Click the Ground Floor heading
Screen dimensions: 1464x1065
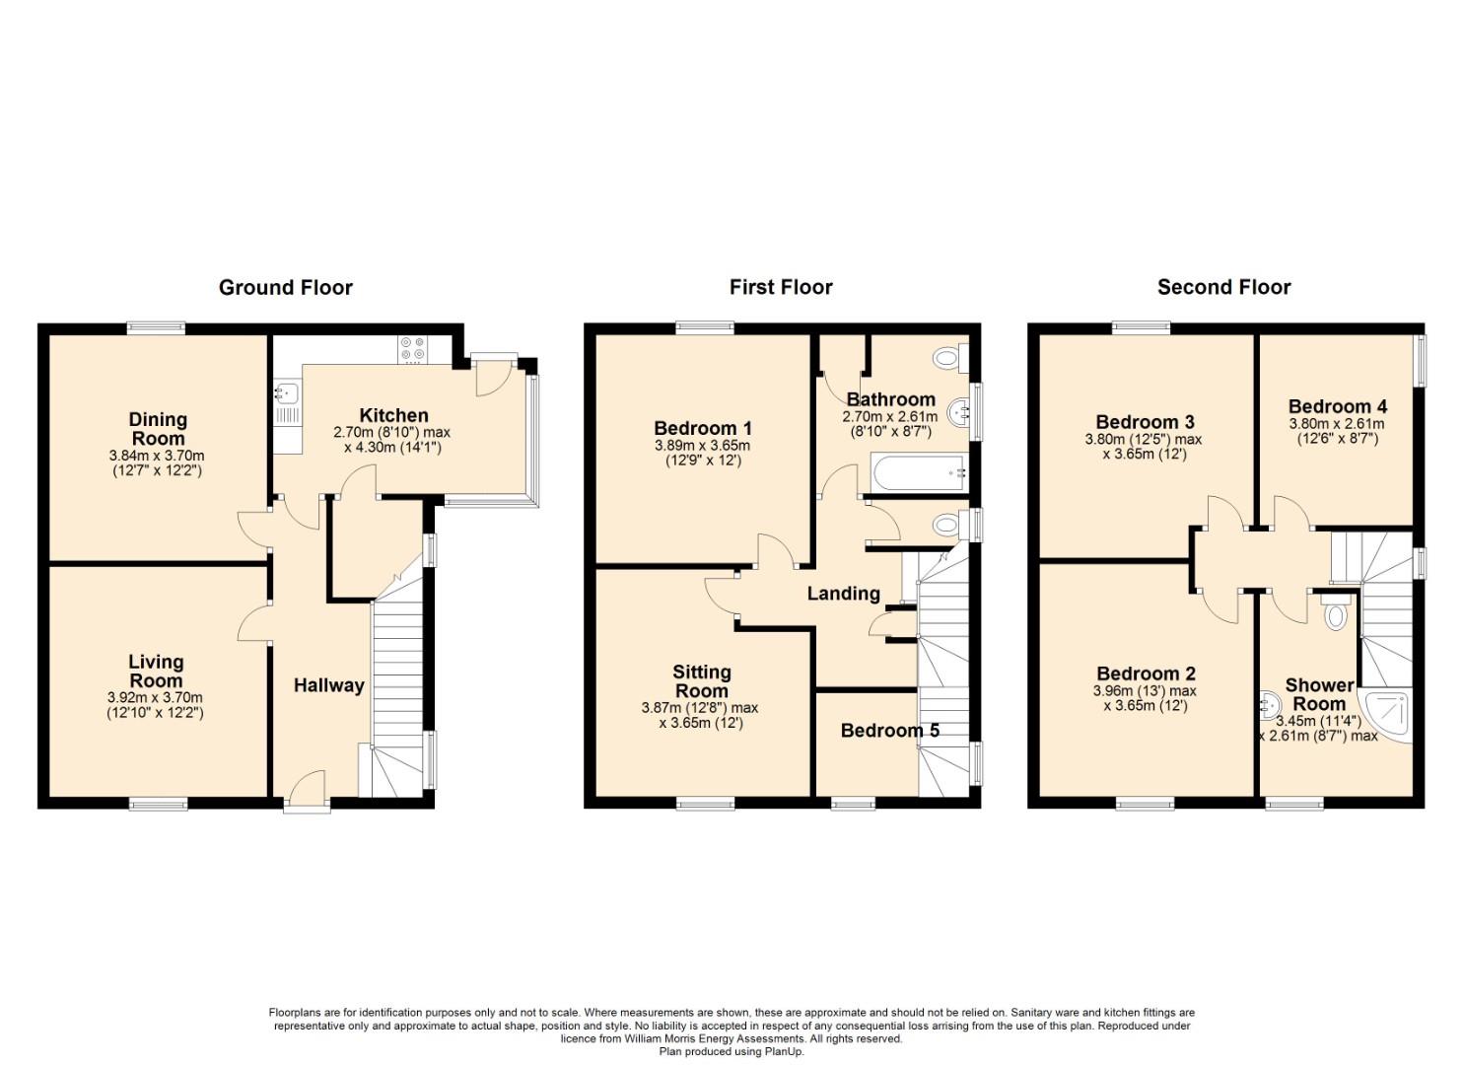(286, 288)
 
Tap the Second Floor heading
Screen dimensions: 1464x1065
(1223, 288)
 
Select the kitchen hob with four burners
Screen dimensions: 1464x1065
(412, 350)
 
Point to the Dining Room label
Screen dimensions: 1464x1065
(158, 429)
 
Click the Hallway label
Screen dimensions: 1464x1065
(328, 685)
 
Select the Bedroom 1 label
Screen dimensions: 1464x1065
(703, 428)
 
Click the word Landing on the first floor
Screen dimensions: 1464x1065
(843, 594)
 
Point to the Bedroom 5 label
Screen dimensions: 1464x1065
(889, 731)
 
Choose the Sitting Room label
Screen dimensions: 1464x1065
(701, 681)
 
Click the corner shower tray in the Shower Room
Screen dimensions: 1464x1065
(1385, 715)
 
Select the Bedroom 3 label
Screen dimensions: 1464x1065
(1145, 422)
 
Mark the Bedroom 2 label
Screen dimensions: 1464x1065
(1146, 674)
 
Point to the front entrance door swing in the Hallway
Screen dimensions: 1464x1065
(306, 785)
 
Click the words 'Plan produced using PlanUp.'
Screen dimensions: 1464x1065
(732, 1051)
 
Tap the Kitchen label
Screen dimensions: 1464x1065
(394, 415)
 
